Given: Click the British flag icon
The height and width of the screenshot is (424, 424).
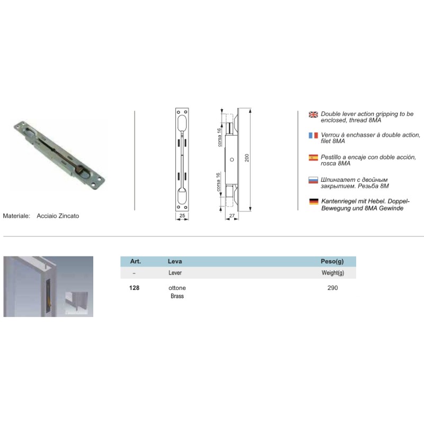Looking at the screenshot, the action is tap(313, 114).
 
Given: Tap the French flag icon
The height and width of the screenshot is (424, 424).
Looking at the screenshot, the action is tap(313, 135).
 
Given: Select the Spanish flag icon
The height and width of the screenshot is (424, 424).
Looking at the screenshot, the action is tap(313, 157).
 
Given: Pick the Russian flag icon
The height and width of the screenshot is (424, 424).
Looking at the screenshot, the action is tap(313, 180).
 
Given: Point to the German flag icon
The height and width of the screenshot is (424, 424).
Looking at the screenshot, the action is tap(314, 201).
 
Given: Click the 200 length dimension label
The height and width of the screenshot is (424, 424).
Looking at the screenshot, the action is tap(246, 158).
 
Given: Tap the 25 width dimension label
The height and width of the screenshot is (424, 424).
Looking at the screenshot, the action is tap(182, 216).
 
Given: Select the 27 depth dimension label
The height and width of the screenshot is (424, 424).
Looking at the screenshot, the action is tap(232, 216).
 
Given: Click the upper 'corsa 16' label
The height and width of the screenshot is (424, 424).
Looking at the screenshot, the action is tap(219, 137).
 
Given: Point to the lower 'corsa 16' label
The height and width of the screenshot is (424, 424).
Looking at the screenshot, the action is tap(218, 182).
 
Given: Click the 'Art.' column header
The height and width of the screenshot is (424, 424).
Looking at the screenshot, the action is tap(136, 261).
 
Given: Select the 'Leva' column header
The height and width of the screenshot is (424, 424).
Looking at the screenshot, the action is tap(175, 261).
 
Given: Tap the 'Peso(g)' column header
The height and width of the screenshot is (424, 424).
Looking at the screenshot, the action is tap(332, 261).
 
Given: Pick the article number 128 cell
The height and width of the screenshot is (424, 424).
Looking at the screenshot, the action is tap(135, 288).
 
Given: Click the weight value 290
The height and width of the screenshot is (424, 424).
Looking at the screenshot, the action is tap(333, 288).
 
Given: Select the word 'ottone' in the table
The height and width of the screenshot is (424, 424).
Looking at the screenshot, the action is tap(177, 288).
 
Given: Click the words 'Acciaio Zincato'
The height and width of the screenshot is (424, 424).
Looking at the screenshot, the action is tap(58, 216).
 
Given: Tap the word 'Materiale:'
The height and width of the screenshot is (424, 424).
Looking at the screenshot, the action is tap(16, 216).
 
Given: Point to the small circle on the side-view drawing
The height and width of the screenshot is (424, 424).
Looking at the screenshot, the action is tap(232, 160).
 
